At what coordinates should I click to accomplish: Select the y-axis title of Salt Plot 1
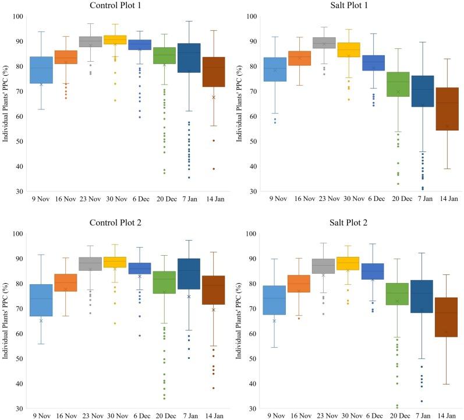[237, 104]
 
